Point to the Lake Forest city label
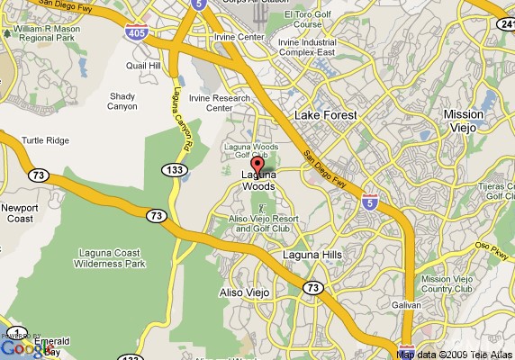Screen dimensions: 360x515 coord(326,115)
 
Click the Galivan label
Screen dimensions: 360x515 coord(407,306)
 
